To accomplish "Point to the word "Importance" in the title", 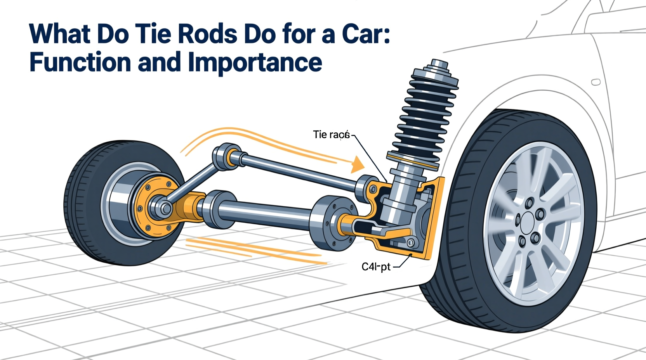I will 255,63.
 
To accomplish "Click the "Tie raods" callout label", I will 331,135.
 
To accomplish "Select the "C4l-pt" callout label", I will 376,267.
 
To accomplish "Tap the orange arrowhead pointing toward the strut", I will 357,165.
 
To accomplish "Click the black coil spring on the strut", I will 423,116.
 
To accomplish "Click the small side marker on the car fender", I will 596,82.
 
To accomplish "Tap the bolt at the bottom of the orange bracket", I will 410,243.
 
